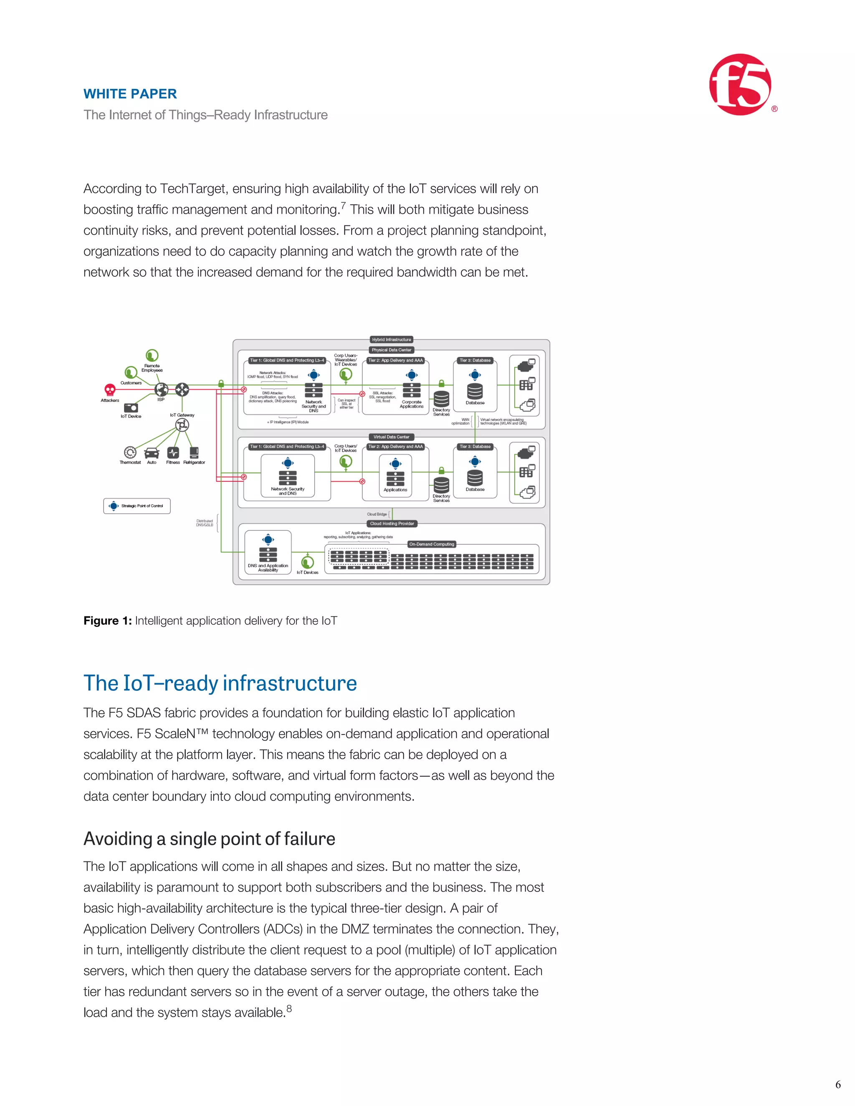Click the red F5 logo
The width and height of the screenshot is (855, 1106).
pos(741,85)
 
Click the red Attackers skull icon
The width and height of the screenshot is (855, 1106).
pos(109,389)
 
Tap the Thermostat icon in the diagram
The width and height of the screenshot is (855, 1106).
pos(130,452)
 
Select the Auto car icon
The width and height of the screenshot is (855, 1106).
pos(152,453)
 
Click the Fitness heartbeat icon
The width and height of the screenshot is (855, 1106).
pos(173,452)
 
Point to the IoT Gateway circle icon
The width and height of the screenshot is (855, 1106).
pos(182,426)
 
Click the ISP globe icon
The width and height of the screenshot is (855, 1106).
pos(161,389)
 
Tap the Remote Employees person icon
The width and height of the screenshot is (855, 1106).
pos(152,355)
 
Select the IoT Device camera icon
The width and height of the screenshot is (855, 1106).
pos(131,407)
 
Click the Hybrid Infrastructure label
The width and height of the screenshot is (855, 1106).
pos(392,340)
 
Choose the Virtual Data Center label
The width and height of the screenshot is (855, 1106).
pos(392,437)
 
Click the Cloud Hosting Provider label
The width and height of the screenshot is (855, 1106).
pos(392,524)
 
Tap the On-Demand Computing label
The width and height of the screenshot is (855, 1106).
pos(432,544)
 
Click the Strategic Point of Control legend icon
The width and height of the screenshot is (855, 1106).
pos(114,506)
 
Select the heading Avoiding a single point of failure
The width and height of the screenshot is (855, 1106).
pos(209,838)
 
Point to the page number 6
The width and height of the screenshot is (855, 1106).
pos(838,1084)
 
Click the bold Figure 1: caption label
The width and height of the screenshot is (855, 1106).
pos(107,621)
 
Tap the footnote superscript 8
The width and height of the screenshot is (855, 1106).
pos(289,1008)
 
